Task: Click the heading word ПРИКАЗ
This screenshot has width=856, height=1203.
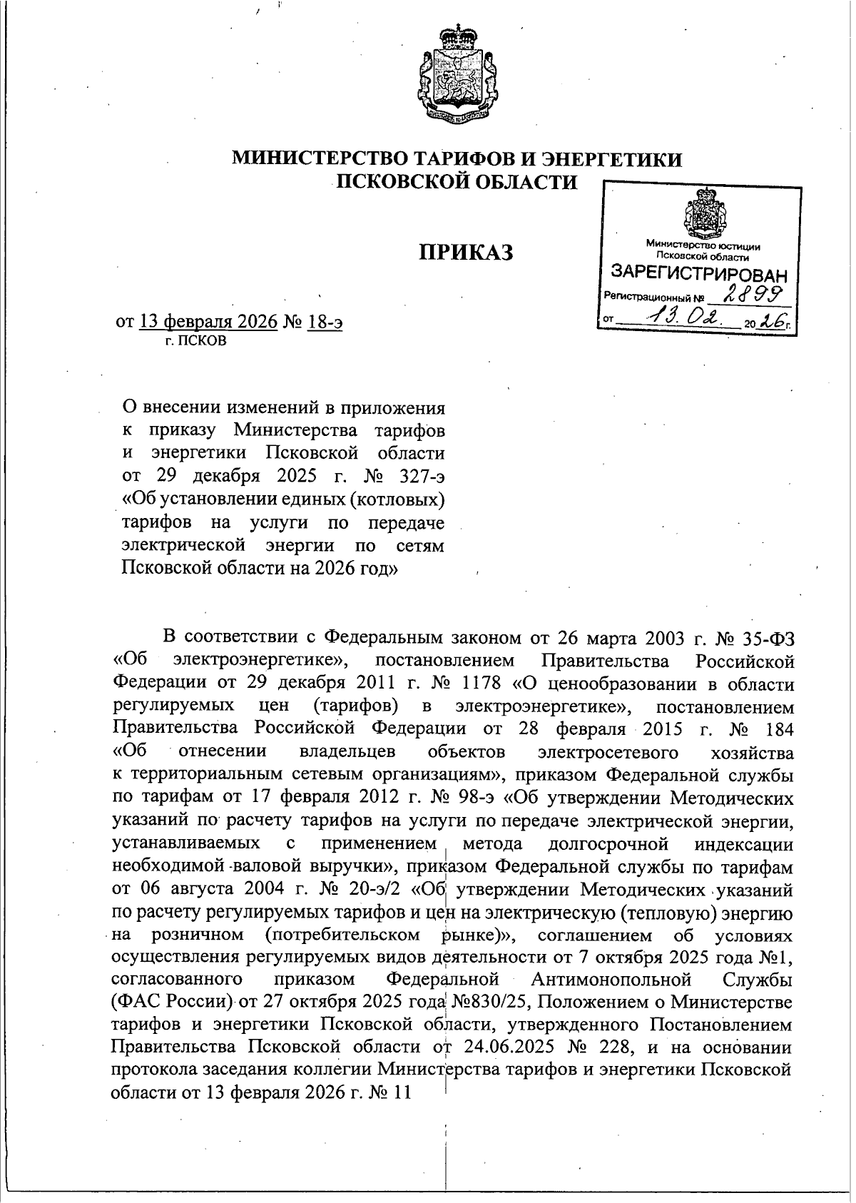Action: pos(464,252)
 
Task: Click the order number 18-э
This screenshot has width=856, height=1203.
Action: pos(325,323)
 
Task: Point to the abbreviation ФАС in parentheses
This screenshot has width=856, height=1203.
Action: pos(136,1002)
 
